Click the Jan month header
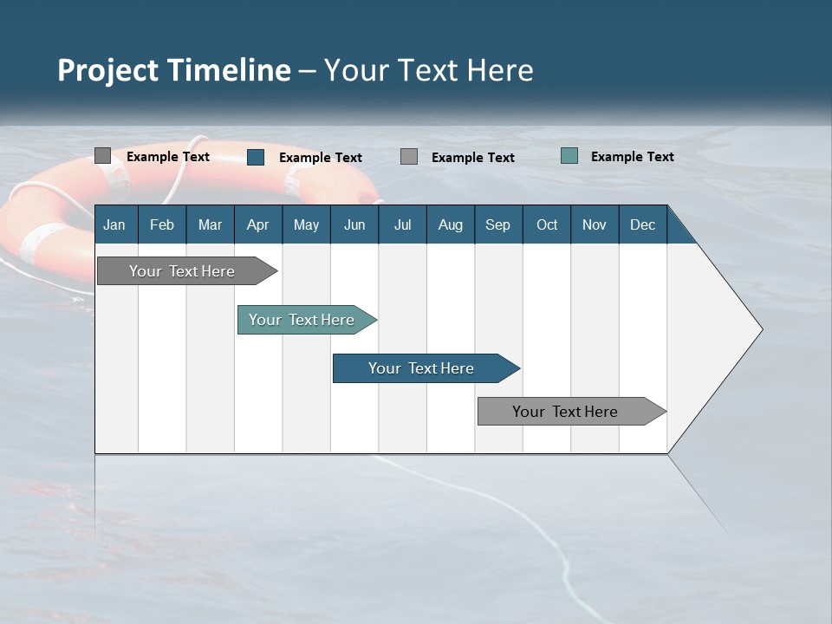114,224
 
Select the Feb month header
162,224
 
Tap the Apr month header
257,224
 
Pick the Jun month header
354,224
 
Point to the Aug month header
451,224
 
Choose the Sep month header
498,224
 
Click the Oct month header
547,224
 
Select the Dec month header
643,224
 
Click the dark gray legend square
102,156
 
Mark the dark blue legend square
256,157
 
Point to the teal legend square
569,156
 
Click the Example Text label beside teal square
633,156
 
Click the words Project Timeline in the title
173,70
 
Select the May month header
306,224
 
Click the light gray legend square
409,157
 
